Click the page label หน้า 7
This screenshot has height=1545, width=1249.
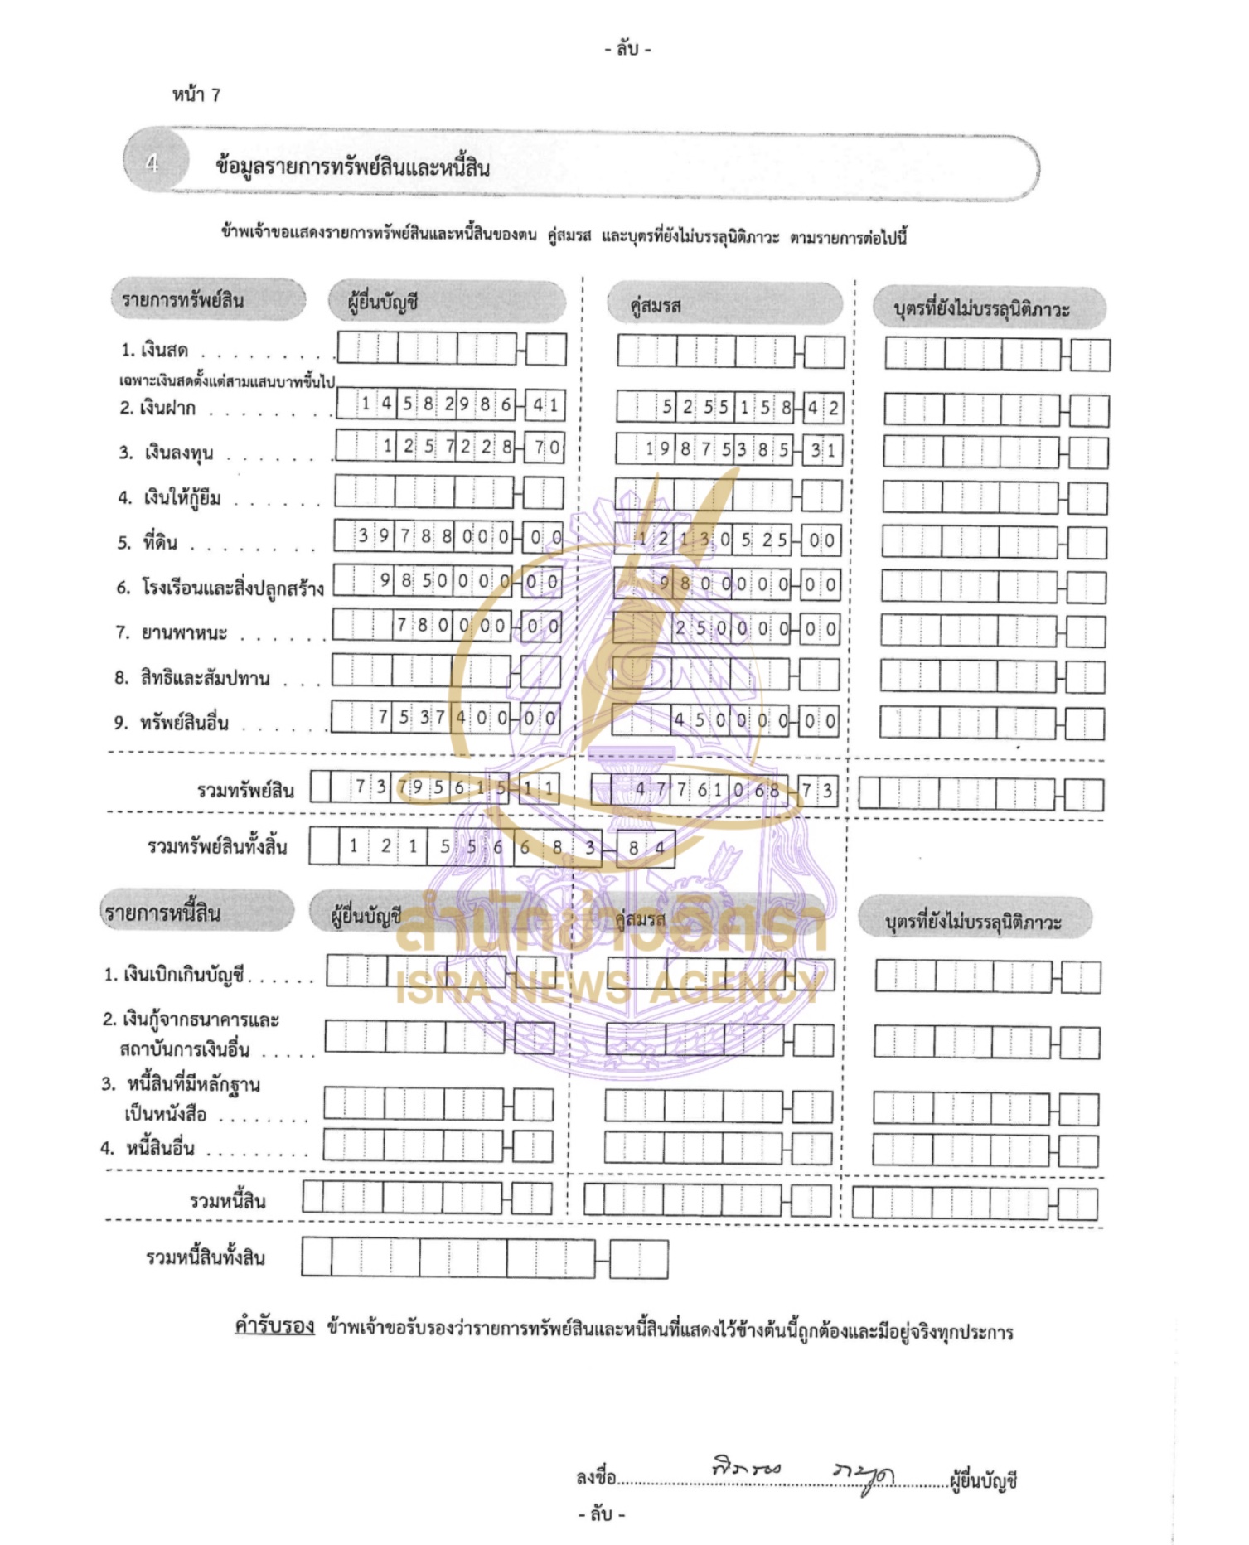pyautogui.click(x=196, y=95)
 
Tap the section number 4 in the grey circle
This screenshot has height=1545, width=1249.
pyautogui.click(x=152, y=163)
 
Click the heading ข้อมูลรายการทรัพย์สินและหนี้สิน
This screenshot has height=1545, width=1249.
pyautogui.click(x=352, y=167)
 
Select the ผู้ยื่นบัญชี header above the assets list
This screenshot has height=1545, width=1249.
pyautogui.click(x=383, y=303)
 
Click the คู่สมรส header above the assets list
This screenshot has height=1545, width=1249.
pyautogui.click(x=656, y=306)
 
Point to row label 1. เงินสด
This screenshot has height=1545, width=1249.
pyautogui.click(x=155, y=351)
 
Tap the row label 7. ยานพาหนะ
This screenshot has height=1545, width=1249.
pyautogui.click(x=171, y=633)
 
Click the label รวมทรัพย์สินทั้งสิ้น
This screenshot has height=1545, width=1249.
pyautogui.click(x=217, y=846)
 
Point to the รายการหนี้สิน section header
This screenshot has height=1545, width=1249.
pyautogui.click(x=162, y=913)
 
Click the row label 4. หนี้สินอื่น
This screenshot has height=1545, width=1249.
pyautogui.click(x=148, y=1148)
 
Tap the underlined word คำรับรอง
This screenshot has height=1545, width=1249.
pyautogui.click(x=274, y=1326)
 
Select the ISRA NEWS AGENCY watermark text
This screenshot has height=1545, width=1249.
pyautogui.click(x=609, y=986)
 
